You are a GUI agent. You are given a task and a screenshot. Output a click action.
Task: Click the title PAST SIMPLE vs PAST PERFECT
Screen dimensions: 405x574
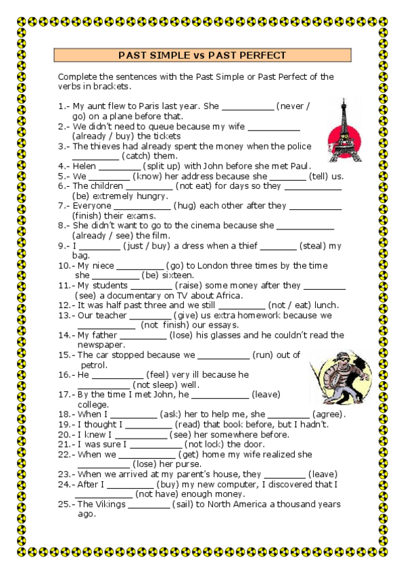point(202,56)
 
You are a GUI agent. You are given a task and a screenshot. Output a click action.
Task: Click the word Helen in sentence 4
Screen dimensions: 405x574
point(89,166)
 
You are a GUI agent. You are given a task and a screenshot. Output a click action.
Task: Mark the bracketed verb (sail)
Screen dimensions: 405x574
point(187,504)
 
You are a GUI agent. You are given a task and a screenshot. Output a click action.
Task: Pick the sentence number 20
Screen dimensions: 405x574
point(64,434)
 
